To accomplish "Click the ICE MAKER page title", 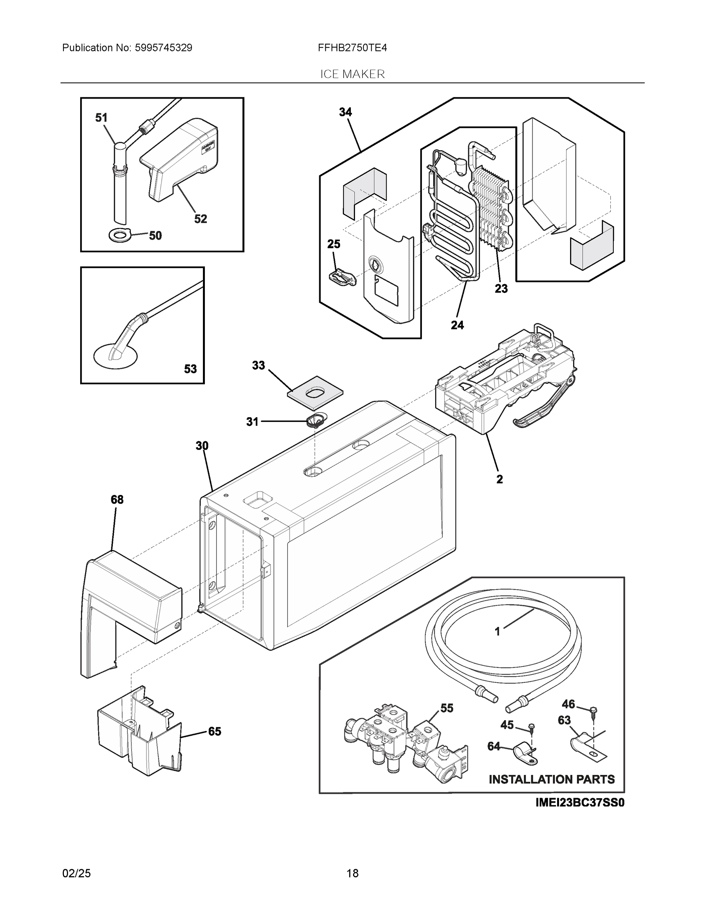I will (352, 75).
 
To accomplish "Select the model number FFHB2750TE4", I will (352, 48).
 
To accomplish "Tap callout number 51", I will (101, 118).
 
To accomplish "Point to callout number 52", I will (200, 219).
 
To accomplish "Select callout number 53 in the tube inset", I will (190, 369).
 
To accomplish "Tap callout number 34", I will (345, 112).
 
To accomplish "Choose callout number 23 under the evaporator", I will (501, 288).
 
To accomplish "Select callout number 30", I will (202, 446).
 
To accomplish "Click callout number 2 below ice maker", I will (499, 479).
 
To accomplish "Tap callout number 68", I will (117, 499).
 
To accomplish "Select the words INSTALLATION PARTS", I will (551, 779).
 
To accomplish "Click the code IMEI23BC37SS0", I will (580, 803).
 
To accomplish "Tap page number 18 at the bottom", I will (352, 873).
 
